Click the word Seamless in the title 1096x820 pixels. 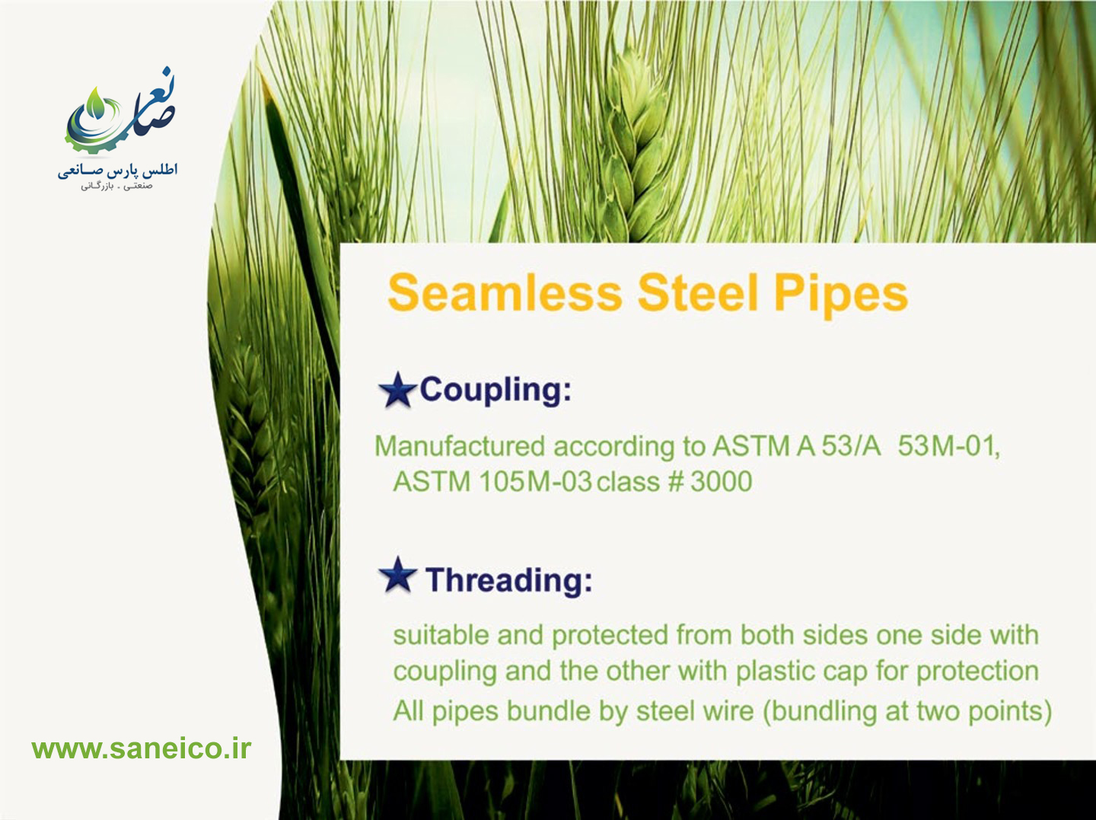pyautogui.click(x=505, y=292)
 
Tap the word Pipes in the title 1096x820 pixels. pyautogui.click(x=841, y=295)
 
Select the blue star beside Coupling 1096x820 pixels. pyautogui.click(x=397, y=390)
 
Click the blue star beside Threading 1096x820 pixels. pyautogui.click(x=397, y=575)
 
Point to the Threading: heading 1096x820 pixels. pyautogui.click(x=509, y=580)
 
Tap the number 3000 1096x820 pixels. pyautogui.click(x=721, y=481)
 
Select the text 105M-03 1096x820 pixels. pyautogui.click(x=535, y=482)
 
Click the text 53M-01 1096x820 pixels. pyautogui.click(x=948, y=446)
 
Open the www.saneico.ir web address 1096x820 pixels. pyautogui.click(x=142, y=748)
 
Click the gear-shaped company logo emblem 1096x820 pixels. pyautogui.click(x=119, y=113)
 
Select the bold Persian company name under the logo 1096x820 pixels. pyautogui.click(x=118, y=171)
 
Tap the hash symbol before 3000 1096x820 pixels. pyautogui.click(x=675, y=481)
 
